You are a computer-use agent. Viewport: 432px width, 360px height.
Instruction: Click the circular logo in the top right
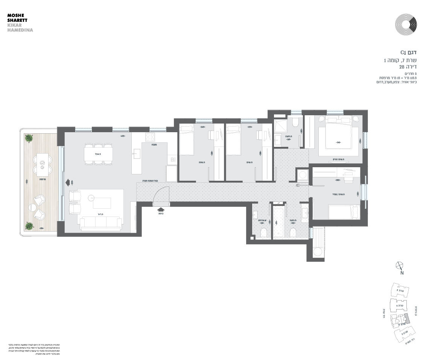406,24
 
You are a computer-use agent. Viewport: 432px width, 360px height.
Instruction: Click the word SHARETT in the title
17,20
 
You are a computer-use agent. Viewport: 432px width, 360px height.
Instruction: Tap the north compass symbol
400,266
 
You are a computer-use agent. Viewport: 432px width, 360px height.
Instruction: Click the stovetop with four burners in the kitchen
150,136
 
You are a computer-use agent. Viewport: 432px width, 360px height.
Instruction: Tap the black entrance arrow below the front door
161,209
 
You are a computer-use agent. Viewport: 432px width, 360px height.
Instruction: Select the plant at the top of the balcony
29,138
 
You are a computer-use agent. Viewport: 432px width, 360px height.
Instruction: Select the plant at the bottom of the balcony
29,226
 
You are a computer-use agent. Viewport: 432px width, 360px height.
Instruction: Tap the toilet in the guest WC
264,232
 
